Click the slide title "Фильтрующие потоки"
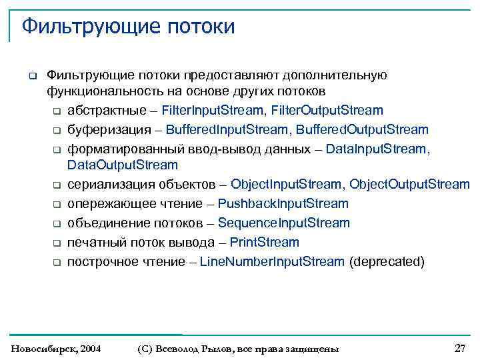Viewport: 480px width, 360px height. tap(128, 27)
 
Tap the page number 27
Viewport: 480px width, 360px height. tap(459, 348)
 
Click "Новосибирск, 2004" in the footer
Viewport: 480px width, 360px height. tap(57, 349)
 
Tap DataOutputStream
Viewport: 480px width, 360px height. tap(123, 165)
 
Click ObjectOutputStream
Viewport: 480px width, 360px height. tap(409, 184)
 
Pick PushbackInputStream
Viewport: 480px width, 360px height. tap(283, 203)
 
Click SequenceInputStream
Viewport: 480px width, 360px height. tap(283, 223)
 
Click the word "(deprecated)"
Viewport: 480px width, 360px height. tap(387, 261)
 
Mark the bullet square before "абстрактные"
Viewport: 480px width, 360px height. tap(57, 111)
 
